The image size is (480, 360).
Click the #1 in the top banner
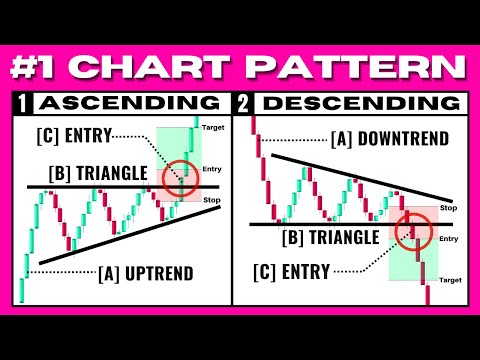[47, 67]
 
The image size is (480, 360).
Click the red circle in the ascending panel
[181, 177]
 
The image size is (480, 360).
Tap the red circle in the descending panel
[412, 232]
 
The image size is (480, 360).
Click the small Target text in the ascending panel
[213, 129]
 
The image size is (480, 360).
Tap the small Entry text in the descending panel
[448, 238]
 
